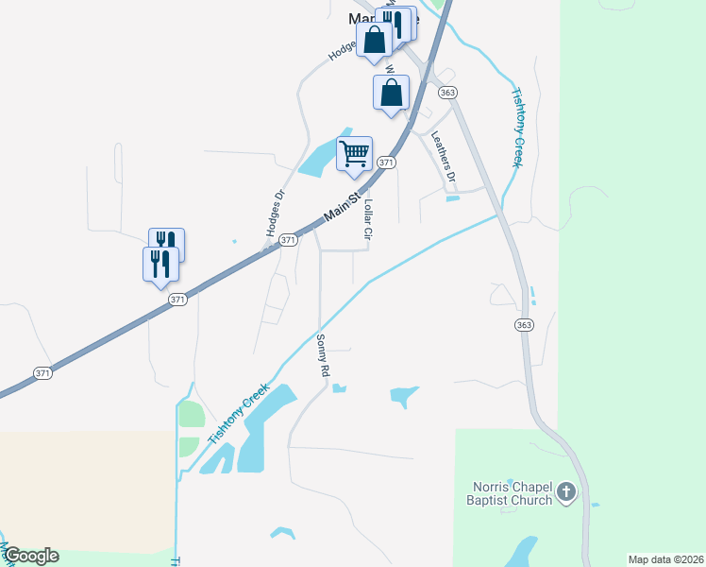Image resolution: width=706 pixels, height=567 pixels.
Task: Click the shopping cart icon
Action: point(354,153)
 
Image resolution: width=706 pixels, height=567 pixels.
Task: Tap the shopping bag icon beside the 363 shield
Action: point(391,93)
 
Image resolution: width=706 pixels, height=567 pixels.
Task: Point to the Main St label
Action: point(343,208)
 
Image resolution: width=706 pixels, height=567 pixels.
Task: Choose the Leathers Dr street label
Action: point(443,156)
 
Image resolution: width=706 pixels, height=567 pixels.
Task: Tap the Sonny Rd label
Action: point(322,356)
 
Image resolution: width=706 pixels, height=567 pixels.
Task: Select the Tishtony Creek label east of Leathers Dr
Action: point(516,127)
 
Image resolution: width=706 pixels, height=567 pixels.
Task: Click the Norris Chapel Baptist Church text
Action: point(513,493)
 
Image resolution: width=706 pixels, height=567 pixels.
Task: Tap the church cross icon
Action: point(565,491)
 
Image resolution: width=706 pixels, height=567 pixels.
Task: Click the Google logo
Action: point(31,556)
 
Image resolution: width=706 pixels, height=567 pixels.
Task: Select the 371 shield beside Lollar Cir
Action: point(385,163)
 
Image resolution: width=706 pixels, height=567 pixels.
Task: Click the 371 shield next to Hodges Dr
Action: point(289,241)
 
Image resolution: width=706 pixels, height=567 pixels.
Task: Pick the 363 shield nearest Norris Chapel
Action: point(525,324)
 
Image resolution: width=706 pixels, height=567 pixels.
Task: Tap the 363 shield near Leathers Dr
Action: point(448,92)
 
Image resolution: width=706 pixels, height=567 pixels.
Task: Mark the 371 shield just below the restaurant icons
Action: point(178,299)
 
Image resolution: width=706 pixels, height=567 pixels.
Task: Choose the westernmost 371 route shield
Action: point(42,373)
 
